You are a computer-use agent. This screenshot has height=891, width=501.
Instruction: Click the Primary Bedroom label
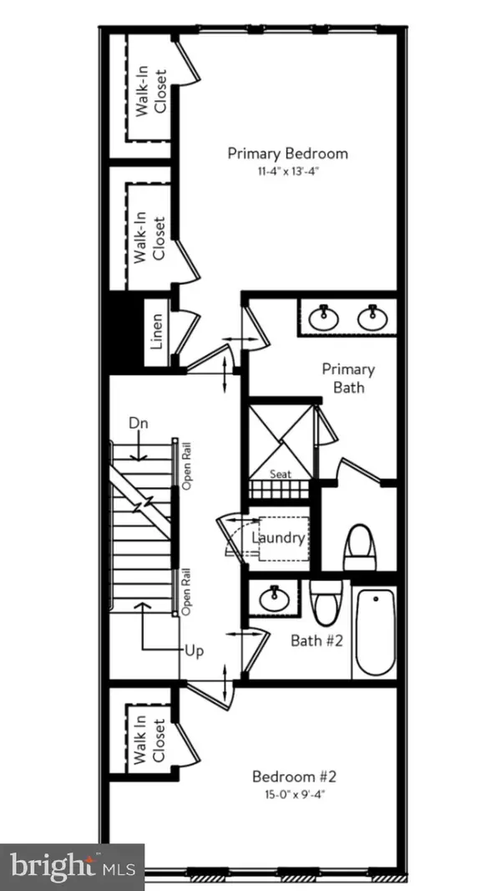click(287, 154)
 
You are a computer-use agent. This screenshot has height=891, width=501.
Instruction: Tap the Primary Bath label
click(348, 378)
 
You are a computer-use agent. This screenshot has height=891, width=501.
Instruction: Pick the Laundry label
click(278, 537)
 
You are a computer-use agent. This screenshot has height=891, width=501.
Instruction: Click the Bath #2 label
click(315, 640)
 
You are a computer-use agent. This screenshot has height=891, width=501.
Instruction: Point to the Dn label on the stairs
click(139, 424)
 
